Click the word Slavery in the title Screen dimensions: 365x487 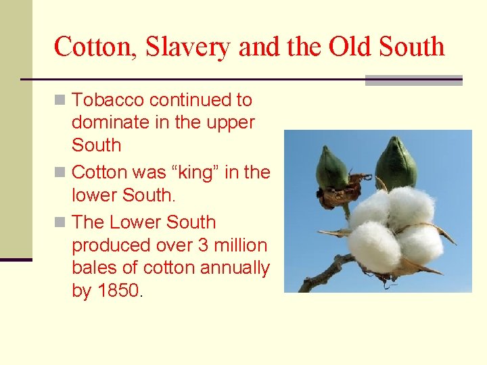pos(173,47)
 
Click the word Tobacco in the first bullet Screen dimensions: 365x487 pos(108,100)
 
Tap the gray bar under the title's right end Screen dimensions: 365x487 pos(413,80)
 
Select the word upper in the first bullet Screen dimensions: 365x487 pos(233,123)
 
